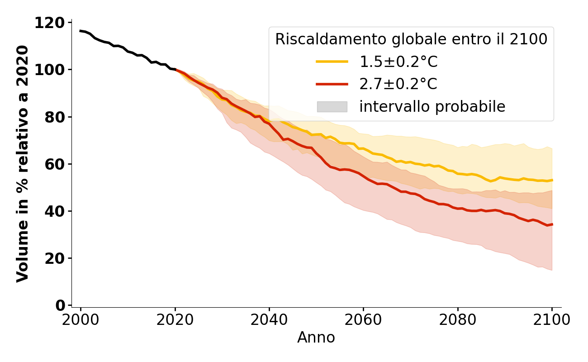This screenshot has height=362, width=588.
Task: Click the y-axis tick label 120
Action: (50, 23)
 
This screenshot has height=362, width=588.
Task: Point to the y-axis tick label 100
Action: (50, 70)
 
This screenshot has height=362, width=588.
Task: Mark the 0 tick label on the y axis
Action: (61, 305)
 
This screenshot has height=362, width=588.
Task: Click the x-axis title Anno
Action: (316, 338)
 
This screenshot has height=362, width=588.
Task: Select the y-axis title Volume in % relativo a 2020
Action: (23, 164)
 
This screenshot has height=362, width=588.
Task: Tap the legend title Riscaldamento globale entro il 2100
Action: (411, 39)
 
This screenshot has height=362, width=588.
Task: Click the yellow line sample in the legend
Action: (332, 62)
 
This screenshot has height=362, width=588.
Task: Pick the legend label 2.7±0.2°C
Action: (398, 84)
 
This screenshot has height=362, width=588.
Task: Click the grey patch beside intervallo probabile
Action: (332, 107)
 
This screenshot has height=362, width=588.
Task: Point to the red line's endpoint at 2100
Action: (552, 224)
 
